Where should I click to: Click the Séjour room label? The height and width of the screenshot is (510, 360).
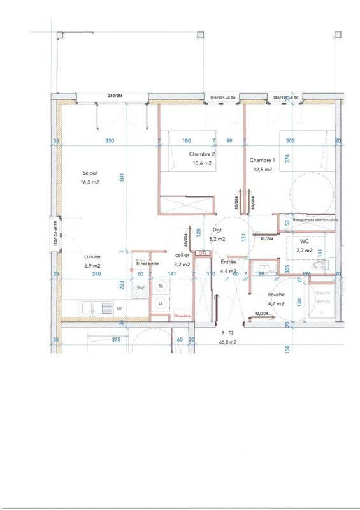[89, 173]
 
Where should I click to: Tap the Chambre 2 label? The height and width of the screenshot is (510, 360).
[200, 154]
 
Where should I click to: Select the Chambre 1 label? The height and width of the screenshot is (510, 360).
[263, 160]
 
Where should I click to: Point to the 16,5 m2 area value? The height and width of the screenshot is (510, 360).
[90, 182]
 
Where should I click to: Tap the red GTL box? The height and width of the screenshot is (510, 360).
[203, 253]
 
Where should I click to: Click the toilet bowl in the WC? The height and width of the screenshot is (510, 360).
[320, 265]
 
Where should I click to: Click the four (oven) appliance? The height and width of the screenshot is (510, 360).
[140, 288]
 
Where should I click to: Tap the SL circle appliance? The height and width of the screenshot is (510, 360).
[159, 286]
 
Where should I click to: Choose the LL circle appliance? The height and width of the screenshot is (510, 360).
[159, 303]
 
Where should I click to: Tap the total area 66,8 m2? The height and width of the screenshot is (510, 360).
[228, 341]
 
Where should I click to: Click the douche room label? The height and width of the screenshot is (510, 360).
[276, 295]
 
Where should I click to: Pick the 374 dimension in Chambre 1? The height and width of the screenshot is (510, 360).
[287, 160]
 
